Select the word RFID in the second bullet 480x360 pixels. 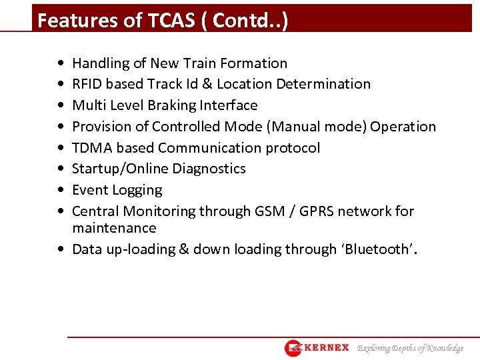tap(87, 84)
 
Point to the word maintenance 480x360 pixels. tap(114, 228)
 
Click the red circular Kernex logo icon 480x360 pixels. tap(293, 348)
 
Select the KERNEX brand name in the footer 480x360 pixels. tap(327, 347)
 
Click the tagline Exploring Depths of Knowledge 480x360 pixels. tap(410, 348)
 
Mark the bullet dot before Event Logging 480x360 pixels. tap(61, 191)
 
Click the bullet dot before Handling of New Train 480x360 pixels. tap(61, 64)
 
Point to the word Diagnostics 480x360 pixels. tap(209, 169)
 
